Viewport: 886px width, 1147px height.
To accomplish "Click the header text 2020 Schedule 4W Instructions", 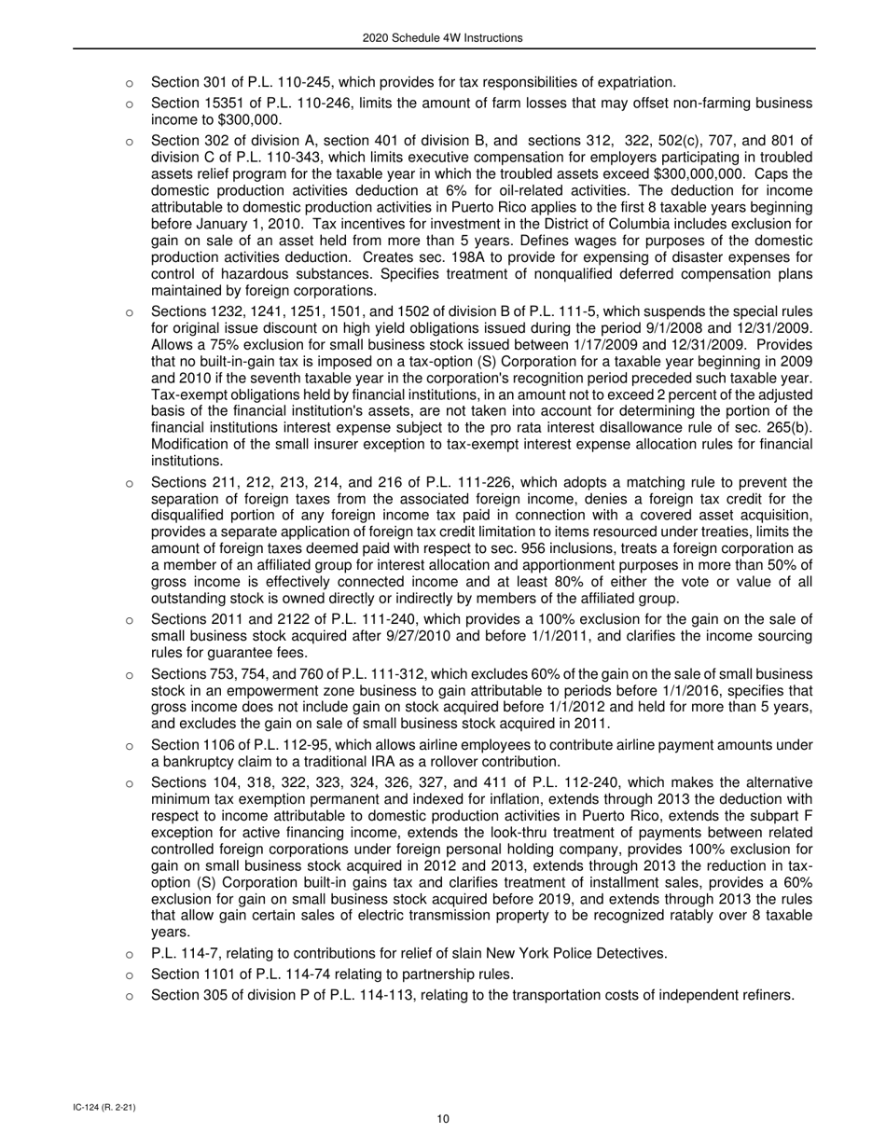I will coord(443,38).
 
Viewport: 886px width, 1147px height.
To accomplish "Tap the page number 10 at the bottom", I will coord(443,1120).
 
